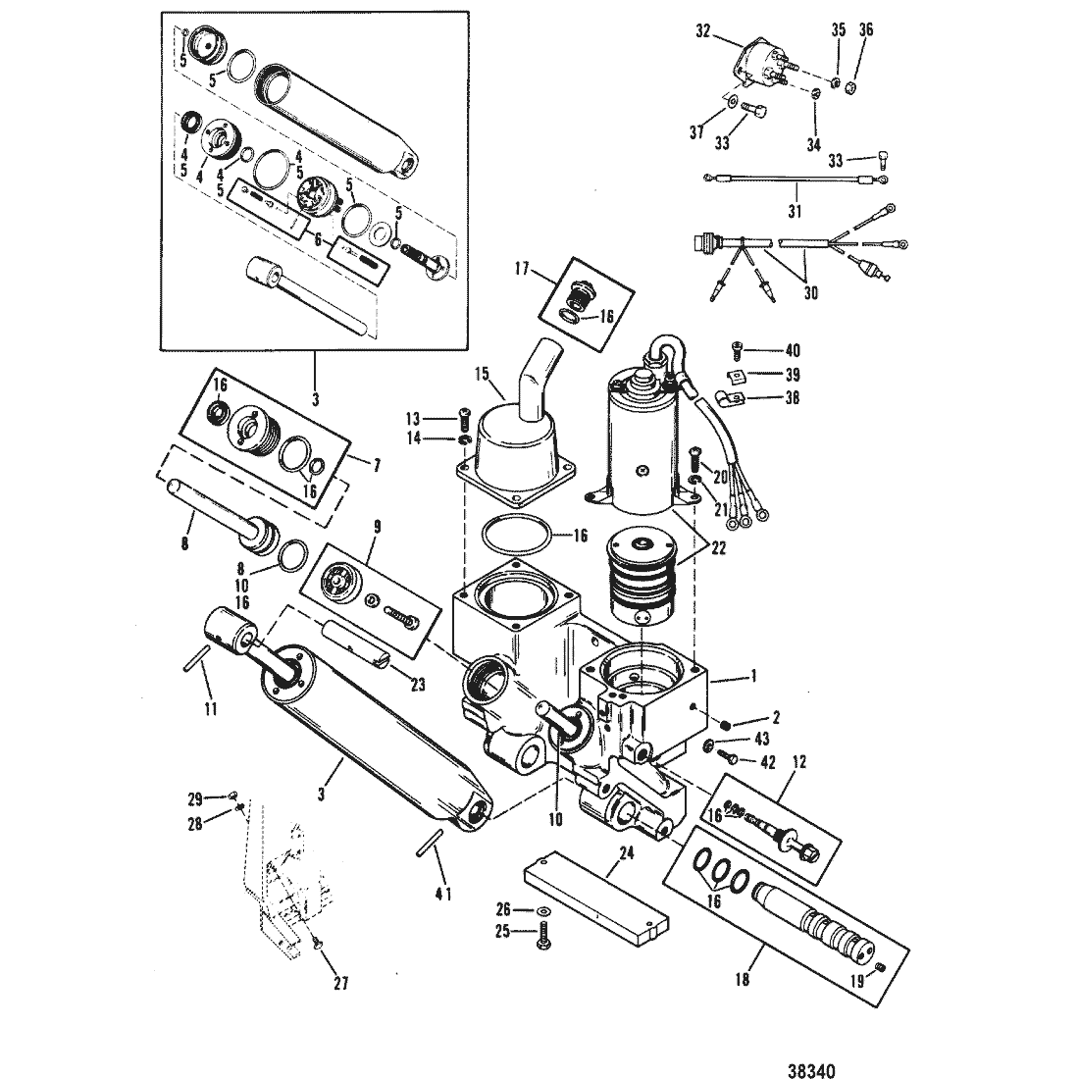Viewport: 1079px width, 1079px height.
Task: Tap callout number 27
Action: click(x=341, y=983)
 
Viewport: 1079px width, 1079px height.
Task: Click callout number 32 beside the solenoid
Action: click(x=702, y=31)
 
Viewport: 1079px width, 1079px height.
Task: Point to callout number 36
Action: click(x=866, y=29)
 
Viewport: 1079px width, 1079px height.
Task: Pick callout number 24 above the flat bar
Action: click(x=626, y=854)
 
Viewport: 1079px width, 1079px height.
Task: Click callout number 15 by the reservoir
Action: click(x=482, y=374)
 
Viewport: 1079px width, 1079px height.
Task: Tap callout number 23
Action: click(x=418, y=684)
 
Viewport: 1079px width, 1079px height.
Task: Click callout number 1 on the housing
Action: click(x=753, y=676)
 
